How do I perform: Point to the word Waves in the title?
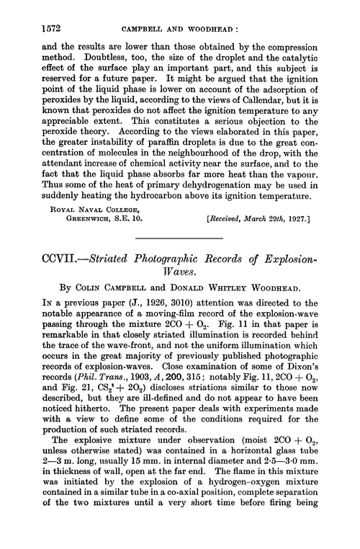[179, 270]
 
